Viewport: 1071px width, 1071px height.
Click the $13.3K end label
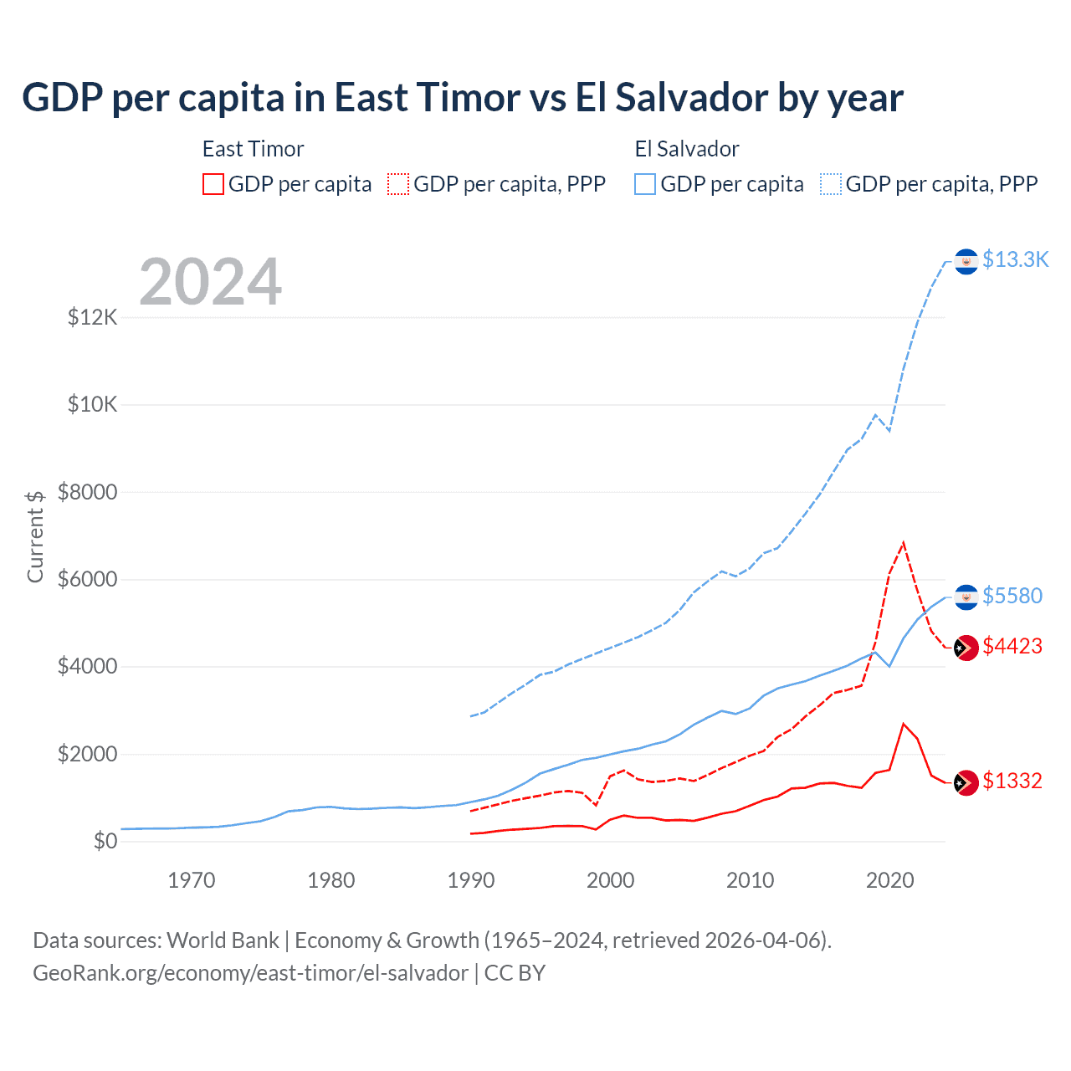click(x=1015, y=260)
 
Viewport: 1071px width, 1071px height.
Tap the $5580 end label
click(x=1012, y=596)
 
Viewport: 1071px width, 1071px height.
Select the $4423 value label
click(x=1012, y=646)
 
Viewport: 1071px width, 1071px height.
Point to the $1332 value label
click(x=1012, y=781)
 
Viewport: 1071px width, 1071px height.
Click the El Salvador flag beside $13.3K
click(x=966, y=262)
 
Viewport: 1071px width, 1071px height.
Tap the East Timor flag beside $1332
click(x=966, y=782)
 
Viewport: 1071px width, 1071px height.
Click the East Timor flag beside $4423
click(x=966, y=648)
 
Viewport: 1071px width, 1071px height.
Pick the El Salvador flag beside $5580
click(x=966, y=597)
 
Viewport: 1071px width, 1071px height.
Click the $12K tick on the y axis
click(x=93, y=318)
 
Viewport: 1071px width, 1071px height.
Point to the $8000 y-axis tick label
click(x=88, y=492)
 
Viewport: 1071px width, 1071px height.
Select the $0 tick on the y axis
click(x=105, y=841)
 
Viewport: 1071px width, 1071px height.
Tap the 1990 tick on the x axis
click(x=471, y=880)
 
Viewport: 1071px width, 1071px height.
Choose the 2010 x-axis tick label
click(x=751, y=880)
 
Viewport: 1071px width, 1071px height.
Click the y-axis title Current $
click(x=35, y=535)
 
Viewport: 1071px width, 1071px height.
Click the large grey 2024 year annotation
click(x=210, y=282)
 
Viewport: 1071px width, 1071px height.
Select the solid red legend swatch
click(x=213, y=184)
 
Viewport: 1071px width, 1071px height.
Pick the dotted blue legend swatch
click(x=831, y=184)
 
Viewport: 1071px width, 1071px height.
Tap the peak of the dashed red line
click(x=904, y=543)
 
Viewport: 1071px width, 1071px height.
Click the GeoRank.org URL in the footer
click(x=250, y=973)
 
